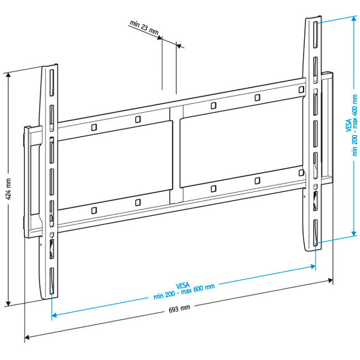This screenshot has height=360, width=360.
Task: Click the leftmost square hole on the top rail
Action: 94,128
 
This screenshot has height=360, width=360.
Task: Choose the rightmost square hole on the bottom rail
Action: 301,172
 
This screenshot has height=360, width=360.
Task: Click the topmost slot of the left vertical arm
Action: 52,82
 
